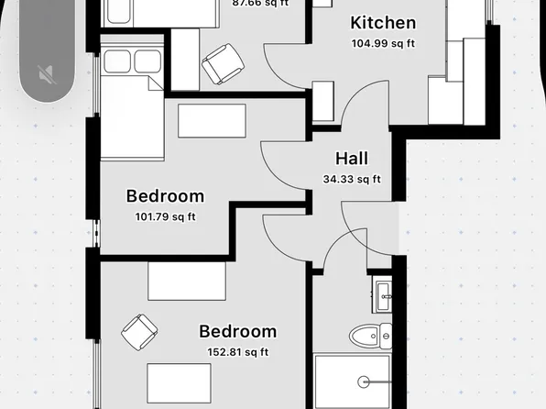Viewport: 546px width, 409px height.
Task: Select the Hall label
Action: tap(352, 159)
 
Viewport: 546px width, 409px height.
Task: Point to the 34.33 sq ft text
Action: tap(352, 179)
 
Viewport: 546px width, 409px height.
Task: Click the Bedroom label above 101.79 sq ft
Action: tap(165, 195)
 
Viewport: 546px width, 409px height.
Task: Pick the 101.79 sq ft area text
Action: tap(165, 217)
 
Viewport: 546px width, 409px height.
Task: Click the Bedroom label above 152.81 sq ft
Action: tap(237, 331)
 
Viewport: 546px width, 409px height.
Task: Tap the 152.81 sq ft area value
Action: tap(237, 352)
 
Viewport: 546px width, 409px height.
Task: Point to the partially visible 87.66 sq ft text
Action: tap(260, 4)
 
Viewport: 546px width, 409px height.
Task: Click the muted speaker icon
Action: tap(46, 73)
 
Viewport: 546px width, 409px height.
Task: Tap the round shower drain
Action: tap(365, 380)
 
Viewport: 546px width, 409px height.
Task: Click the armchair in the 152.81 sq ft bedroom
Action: tap(139, 331)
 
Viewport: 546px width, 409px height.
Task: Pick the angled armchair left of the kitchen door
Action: tap(223, 64)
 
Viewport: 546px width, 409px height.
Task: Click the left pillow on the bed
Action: tap(119, 62)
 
